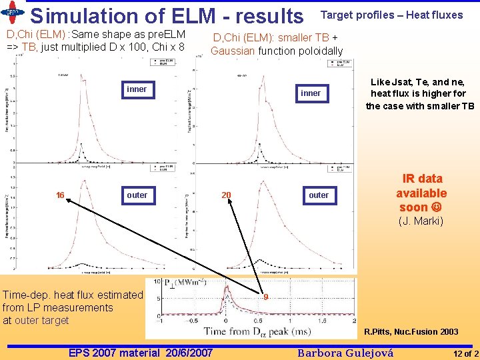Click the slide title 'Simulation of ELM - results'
pos(166,15)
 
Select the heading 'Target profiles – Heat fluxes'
pos(391,15)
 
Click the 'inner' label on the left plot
pos(136,89)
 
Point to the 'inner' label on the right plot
pos(310,93)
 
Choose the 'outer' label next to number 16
pos(137,195)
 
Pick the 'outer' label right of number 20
pos(318,195)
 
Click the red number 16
pos(60,195)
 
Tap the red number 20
pos(226,195)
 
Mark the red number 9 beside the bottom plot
pos(265,297)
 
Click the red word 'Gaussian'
pos(233,51)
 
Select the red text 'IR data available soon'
pos(421,193)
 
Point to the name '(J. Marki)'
pos(421,221)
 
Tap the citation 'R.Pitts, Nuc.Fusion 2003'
pos(411,331)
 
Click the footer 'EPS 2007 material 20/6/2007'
pos(141,353)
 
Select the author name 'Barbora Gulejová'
pos(345,353)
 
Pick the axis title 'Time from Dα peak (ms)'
pos(265,331)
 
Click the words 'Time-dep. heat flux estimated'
pos(73,295)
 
